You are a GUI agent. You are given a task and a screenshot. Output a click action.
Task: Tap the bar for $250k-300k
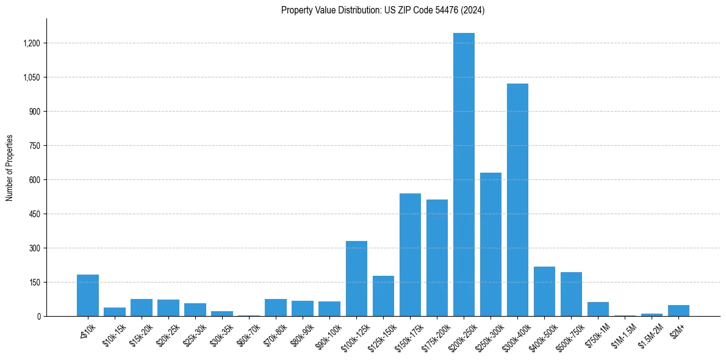click(x=491, y=244)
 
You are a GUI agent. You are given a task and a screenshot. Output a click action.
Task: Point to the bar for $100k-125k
click(x=356, y=278)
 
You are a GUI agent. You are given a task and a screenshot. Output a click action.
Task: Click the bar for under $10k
click(x=88, y=295)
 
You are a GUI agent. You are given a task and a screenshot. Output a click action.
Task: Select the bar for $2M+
click(x=678, y=311)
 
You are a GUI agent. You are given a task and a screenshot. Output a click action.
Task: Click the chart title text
click(x=383, y=10)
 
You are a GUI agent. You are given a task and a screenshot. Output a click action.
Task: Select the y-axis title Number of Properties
click(x=10, y=167)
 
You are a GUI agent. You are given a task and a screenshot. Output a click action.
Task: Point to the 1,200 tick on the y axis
click(x=31, y=43)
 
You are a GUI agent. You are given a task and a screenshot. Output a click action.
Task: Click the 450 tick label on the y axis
click(x=34, y=214)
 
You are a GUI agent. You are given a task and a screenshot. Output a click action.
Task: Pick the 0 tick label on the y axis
click(x=38, y=316)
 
